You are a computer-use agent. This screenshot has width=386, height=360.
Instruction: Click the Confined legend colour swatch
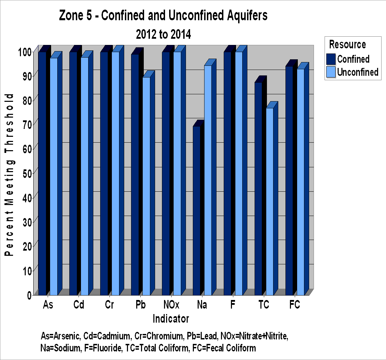pos(331,59)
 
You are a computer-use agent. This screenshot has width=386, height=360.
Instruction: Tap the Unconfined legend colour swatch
pos(331,72)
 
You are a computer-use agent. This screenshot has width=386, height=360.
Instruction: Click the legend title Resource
pos(347,45)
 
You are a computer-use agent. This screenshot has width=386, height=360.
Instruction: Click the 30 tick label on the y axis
pos(27,222)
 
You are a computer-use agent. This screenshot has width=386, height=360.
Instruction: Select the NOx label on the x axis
pos(171,305)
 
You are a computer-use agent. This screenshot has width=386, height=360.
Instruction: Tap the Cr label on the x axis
pos(109,305)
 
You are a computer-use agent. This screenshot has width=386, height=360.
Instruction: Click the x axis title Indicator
pos(171,319)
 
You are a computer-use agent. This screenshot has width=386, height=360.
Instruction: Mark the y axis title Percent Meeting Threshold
pos(9,175)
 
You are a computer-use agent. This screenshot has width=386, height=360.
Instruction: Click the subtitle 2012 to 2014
pos(163,34)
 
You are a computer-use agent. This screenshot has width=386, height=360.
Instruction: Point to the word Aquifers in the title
pos(247,15)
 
